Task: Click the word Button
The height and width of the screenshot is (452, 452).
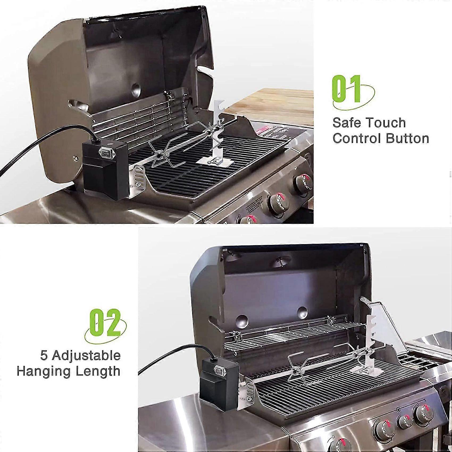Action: click(x=408, y=139)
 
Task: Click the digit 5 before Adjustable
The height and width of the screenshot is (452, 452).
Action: click(x=44, y=355)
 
